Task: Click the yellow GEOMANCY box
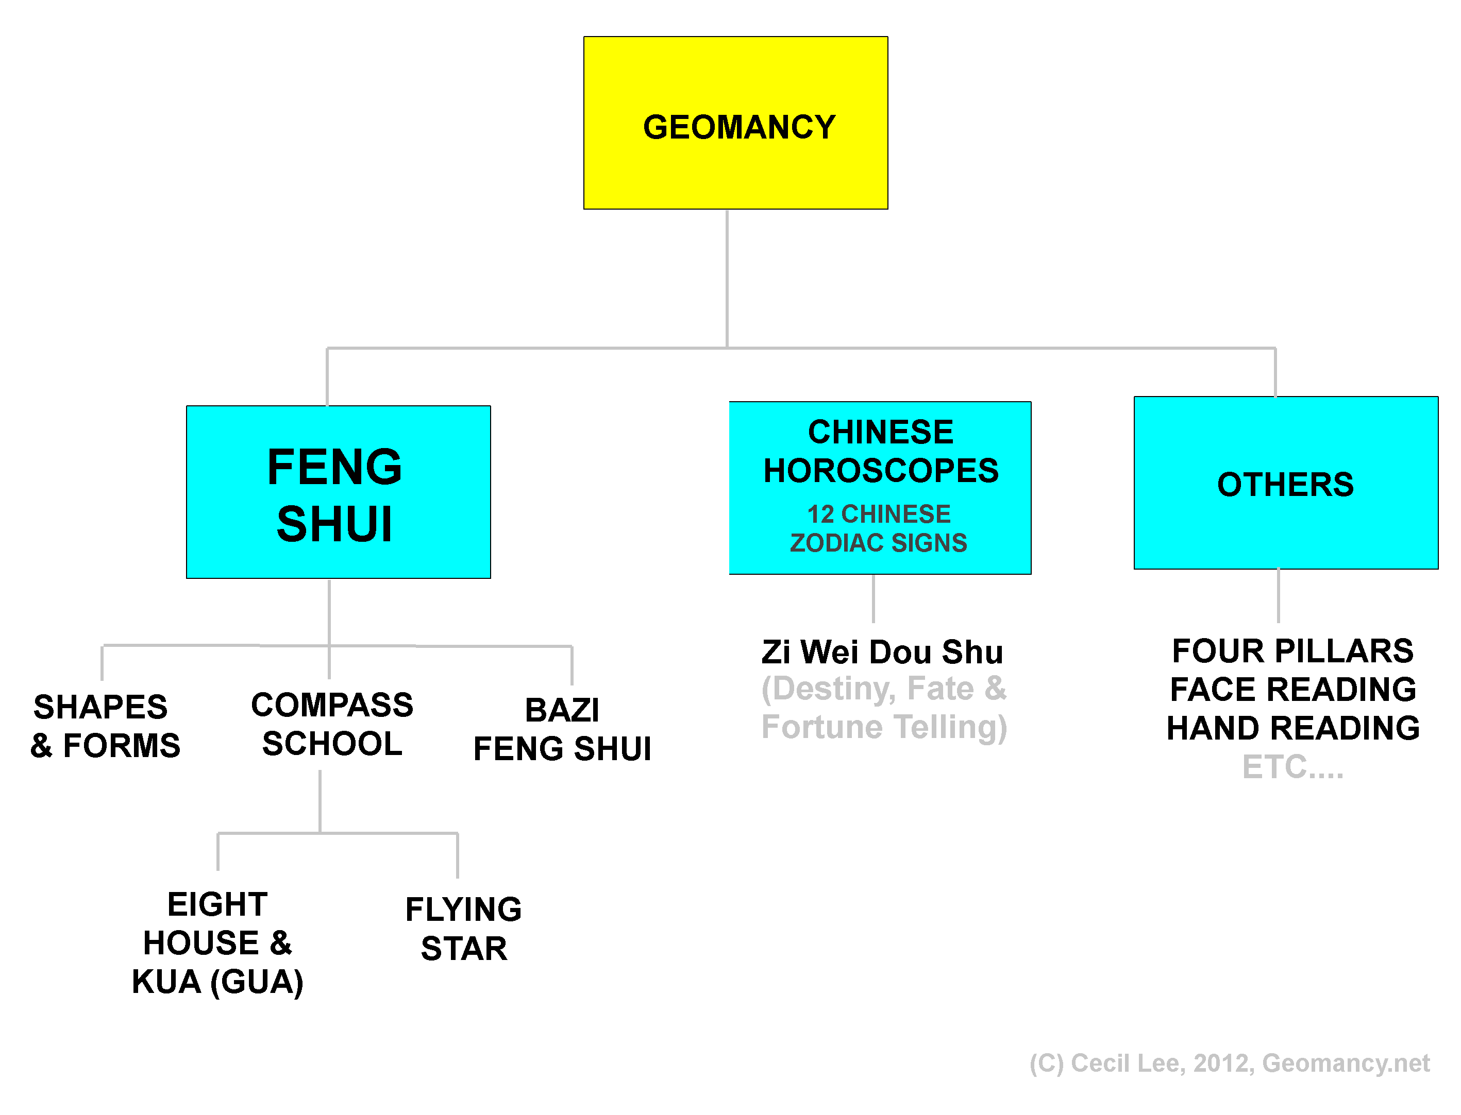click(735, 123)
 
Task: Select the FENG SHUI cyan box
click(338, 492)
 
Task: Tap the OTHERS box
click(1285, 484)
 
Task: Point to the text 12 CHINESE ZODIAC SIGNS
click(878, 528)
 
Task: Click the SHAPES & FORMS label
click(105, 726)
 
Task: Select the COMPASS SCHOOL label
click(332, 724)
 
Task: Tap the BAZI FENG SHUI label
click(562, 729)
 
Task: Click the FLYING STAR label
click(463, 928)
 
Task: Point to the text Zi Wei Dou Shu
click(882, 651)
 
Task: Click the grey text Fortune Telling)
click(884, 727)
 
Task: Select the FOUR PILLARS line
click(1292, 650)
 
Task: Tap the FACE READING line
click(1292, 689)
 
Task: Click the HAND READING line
click(1292, 728)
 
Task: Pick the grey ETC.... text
click(1292, 767)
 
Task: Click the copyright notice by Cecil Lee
click(1229, 1062)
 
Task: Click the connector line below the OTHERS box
click(1278, 595)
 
